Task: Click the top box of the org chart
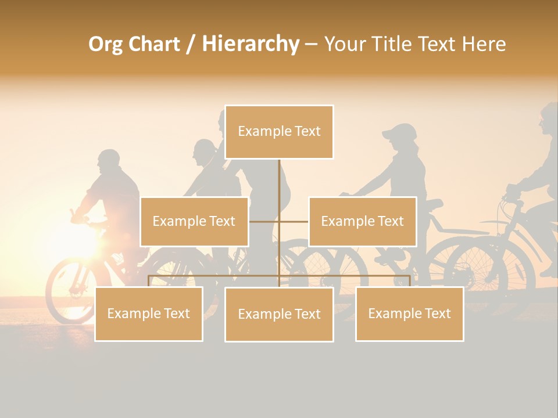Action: click(279, 132)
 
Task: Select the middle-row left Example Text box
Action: click(194, 221)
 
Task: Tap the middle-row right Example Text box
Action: click(362, 221)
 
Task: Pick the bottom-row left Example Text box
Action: click(148, 313)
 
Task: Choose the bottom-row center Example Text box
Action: click(279, 314)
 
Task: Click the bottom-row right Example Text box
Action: click(409, 313)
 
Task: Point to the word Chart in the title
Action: click(153, 44)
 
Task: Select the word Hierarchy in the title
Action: click(251, 44)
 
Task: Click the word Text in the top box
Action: click(307, 131)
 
